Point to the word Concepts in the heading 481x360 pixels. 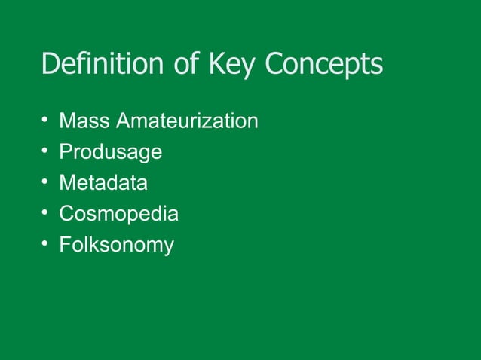click(324, 66)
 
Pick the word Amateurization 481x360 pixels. click(182, 121)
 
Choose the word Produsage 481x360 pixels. click(110, 152)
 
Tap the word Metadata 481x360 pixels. click(103, 183)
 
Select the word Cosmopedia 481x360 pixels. click(118, 215)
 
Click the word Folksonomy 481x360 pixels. click(116, 246)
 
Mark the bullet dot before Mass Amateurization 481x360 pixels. click(45, 121)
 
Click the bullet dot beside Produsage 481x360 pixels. click(45, 151)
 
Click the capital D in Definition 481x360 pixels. click(50, 65)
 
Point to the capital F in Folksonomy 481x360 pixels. click(64, 245)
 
